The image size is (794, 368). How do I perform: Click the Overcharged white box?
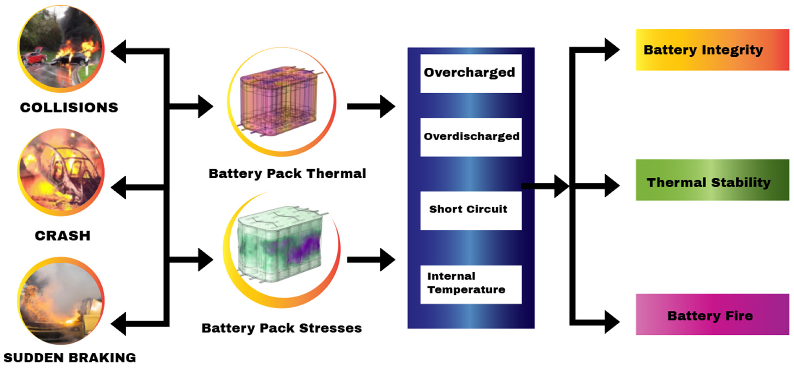471,73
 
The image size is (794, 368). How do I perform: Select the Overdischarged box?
471,137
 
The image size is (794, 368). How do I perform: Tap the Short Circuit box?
471,210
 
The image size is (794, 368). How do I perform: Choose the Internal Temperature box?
471,284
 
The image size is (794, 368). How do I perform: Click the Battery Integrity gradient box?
712,50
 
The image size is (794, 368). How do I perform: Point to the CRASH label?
63,236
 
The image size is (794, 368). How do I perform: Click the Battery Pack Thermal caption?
287,173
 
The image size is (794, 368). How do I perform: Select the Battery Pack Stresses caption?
281,328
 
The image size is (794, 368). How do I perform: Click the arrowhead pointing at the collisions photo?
119,51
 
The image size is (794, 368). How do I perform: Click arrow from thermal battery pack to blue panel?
371,106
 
